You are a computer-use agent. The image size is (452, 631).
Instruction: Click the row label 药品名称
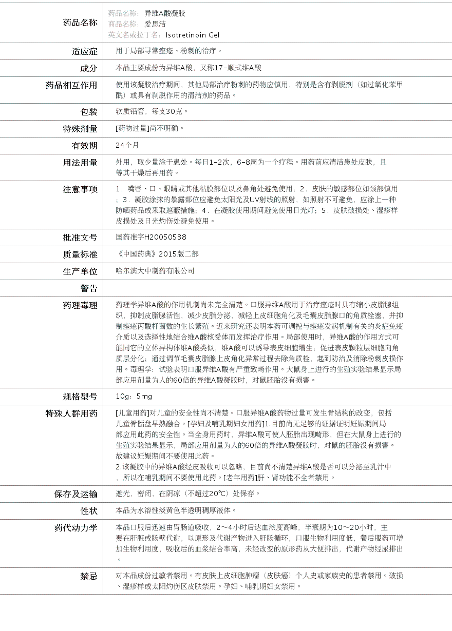[x=80, y=23]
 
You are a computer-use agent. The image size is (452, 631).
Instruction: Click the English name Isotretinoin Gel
[x=193, y=35]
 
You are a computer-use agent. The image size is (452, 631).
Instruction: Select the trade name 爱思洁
[x=155, y=24]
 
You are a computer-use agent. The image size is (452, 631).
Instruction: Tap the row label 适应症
[x=84, y=51]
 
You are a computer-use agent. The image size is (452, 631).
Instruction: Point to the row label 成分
[x=88, y=68]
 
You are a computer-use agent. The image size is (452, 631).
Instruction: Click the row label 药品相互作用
[x=71, y=85]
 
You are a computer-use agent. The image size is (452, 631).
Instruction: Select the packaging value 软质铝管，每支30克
[x=152, y=111]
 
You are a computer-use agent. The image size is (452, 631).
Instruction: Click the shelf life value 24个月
[x=127, y=145]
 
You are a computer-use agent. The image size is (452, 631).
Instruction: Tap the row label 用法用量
[x=80, y=163]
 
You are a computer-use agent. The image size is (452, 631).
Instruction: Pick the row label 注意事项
[x=80, y=189]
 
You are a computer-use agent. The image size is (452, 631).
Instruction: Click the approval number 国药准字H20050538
[x=152, y=237]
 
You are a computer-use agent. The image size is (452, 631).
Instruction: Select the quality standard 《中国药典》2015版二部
[x=157, y=254]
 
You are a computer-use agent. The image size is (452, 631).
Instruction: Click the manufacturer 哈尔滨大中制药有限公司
[x=155, y=271]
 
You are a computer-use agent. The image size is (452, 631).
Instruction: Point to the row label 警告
[x=88, y=288]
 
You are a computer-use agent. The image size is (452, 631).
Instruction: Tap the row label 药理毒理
[x=80, y=305]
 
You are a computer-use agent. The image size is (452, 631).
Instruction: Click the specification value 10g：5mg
[x=134, y=396]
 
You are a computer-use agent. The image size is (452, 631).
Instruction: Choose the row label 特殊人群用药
[x=71, y=413]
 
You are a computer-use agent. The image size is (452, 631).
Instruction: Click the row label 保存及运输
[x=76, y=494]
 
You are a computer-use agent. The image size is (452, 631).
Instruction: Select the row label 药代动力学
[x=76, y=528]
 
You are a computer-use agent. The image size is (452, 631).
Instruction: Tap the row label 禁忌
[x=88, y=576]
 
